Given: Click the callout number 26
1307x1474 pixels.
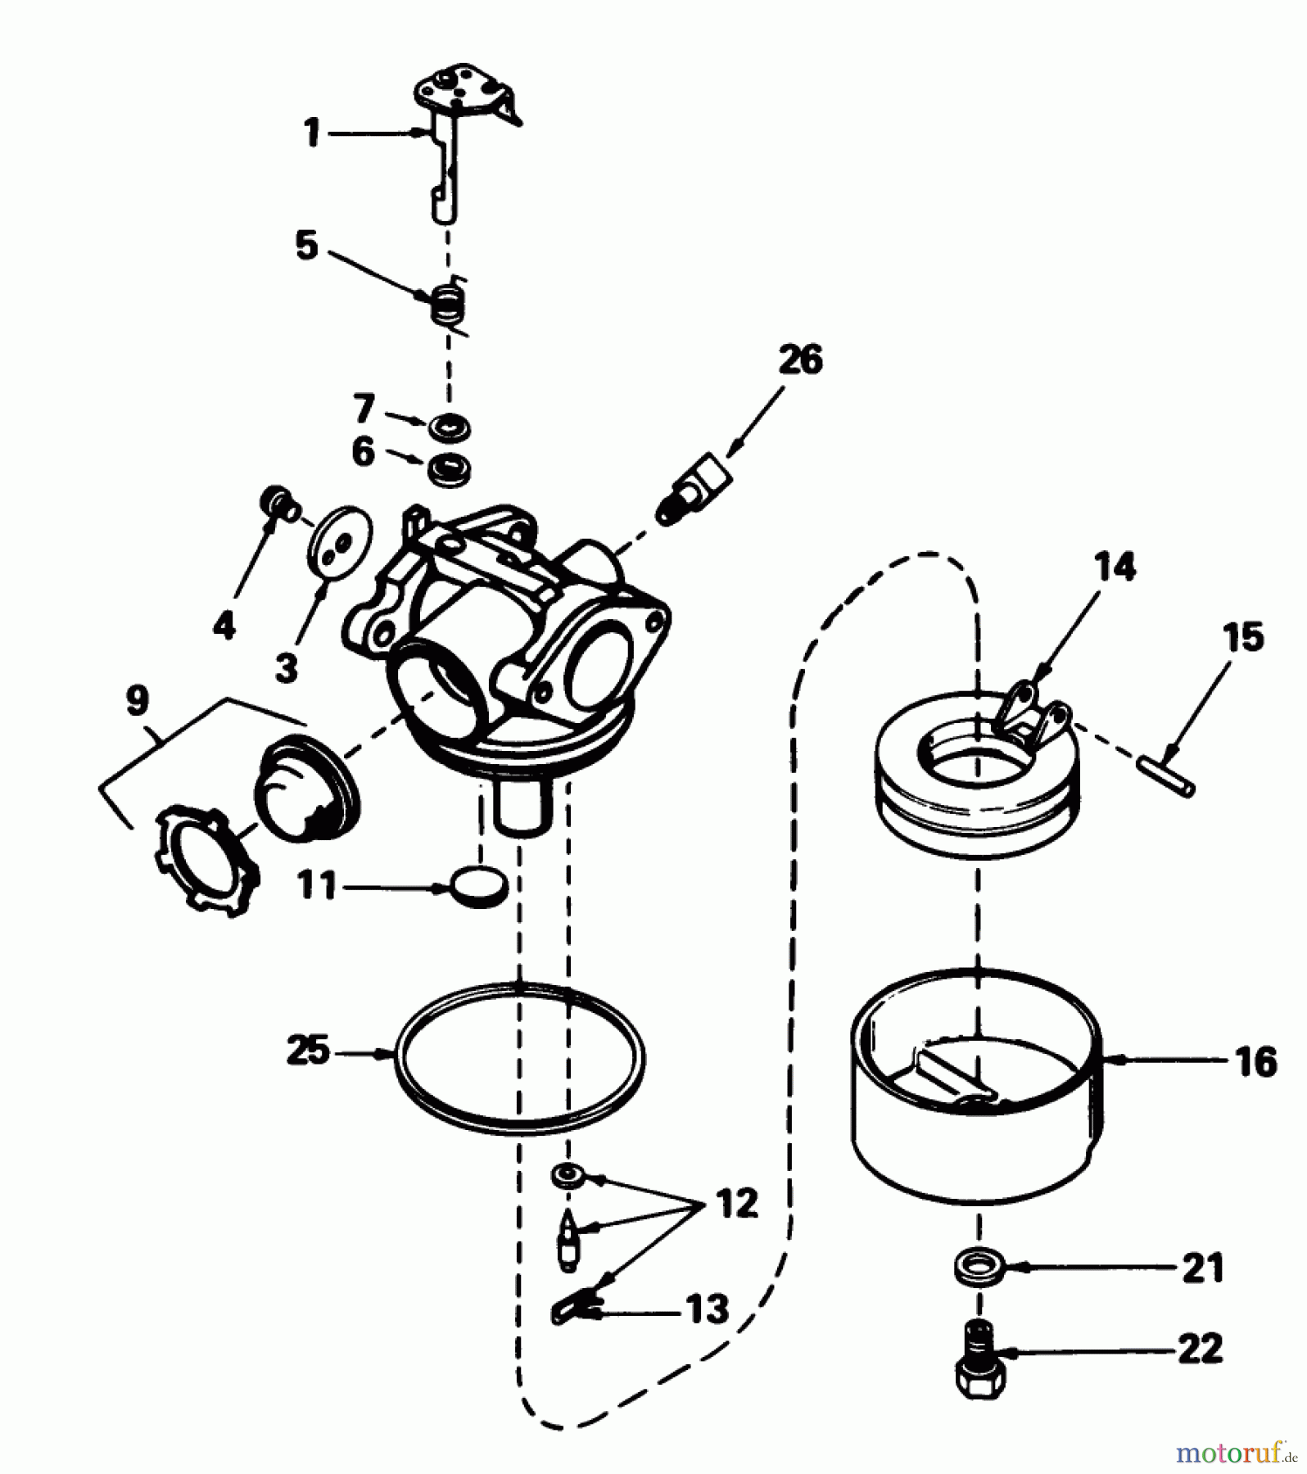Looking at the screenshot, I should tap(800, 361).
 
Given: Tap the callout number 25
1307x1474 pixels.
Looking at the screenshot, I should tap(308, 1051).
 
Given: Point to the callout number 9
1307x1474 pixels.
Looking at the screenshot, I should tap(138, 701).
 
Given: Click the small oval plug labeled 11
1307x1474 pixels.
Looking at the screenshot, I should tap(479, 885).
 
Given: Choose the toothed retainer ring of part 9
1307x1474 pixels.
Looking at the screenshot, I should tap(205, 857).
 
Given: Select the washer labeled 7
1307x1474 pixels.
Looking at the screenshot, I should tap(450, 427).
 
